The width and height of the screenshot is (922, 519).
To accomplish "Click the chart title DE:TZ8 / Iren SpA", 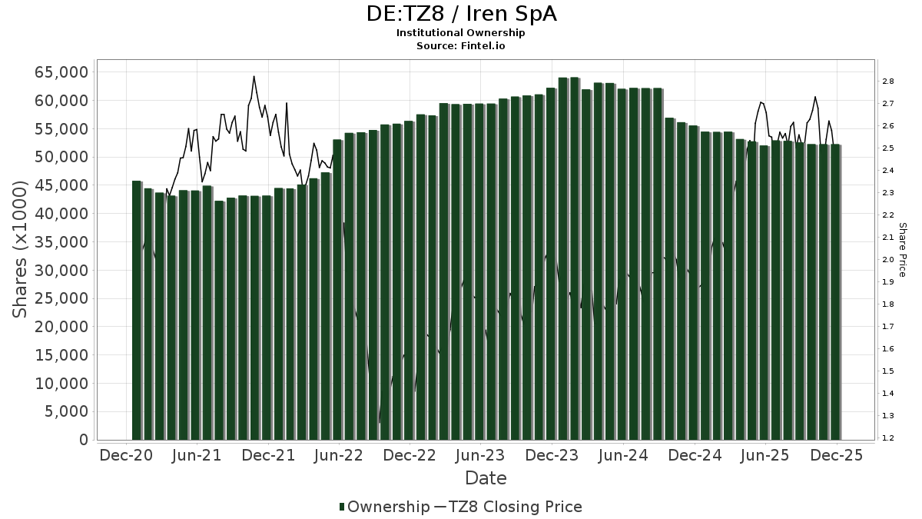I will click(460, 14).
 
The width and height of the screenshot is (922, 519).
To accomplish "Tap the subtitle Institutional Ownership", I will click(460, 33).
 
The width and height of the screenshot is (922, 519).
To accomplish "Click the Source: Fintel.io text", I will click(460, 45).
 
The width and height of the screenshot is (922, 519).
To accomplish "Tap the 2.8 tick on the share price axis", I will click(887, 82).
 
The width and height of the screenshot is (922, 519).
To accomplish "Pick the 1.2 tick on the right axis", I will click(887, 438).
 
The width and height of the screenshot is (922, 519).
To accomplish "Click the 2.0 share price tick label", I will click(887, 260).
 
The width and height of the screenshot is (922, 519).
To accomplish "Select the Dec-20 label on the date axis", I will click(126, 456).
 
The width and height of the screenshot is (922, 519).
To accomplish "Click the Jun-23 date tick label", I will click(480, 456).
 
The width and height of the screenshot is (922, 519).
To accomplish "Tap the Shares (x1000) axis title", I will click(22, 249).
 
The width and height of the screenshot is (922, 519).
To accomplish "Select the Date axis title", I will click(486, 478).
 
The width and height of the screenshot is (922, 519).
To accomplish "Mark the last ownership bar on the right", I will click(835, 292).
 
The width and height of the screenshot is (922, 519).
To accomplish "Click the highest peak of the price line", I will click(254, 77).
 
